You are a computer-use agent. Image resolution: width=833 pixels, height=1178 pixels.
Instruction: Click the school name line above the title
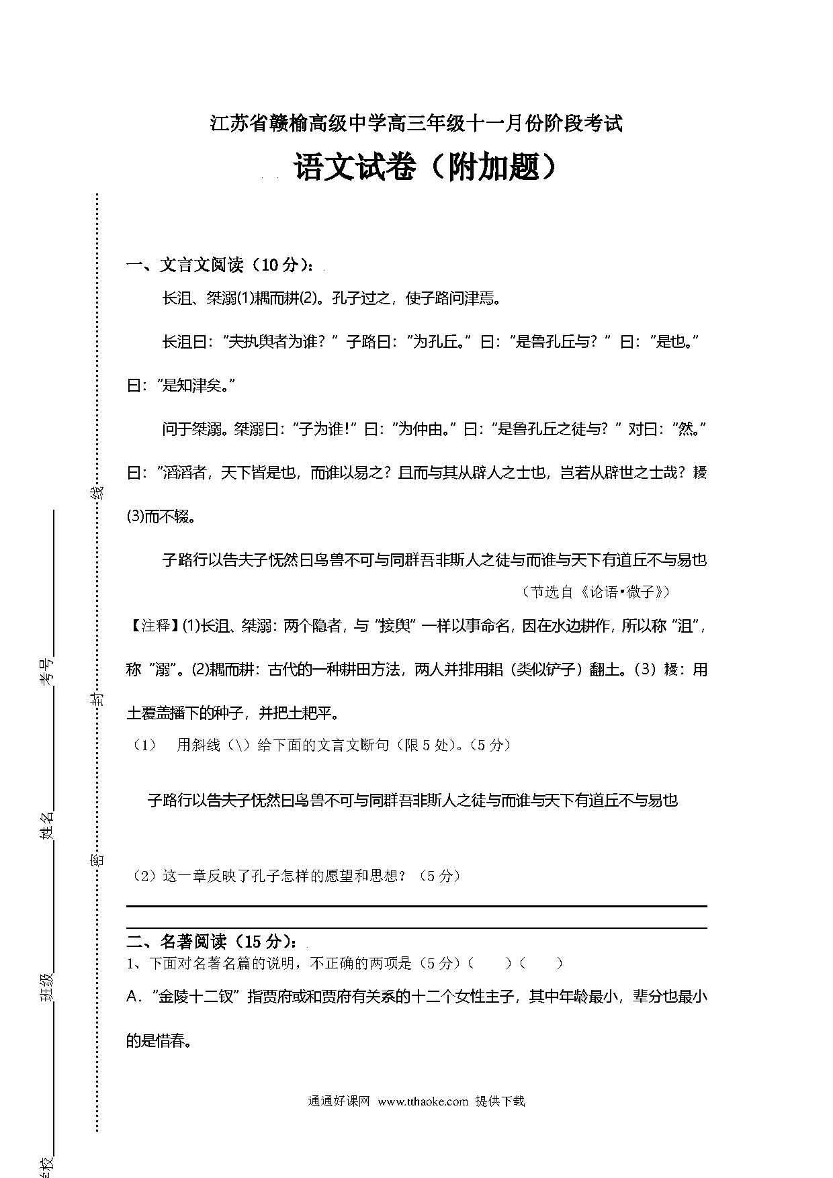click(416, 124)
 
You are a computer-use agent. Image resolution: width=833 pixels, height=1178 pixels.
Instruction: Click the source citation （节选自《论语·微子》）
click(595, 592)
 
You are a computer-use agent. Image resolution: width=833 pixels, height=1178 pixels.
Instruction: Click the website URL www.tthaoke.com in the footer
click(423, 1101)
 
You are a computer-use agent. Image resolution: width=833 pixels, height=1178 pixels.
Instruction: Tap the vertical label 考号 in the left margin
click(46, 672)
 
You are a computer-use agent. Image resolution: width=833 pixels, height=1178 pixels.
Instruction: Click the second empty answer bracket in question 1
click(542, 963)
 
